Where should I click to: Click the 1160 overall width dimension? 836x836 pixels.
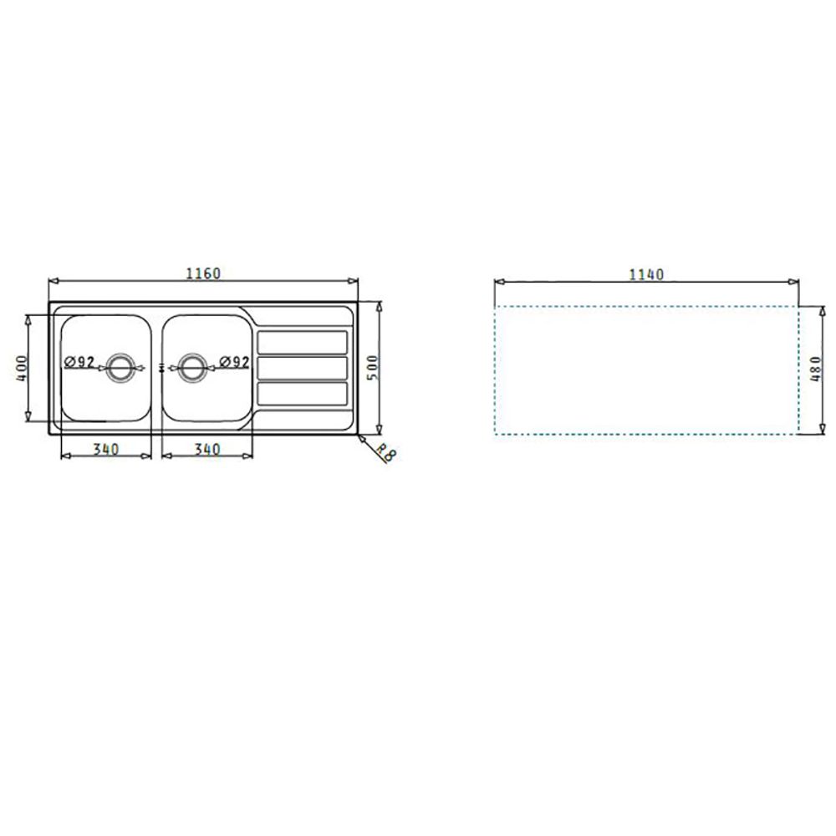click(x=203, y=273)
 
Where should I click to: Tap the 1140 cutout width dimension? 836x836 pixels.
click(x=646, y=274)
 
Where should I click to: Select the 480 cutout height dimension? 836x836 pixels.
click(x=816, y=369)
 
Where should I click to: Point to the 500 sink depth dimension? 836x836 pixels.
click(x=372, y=367)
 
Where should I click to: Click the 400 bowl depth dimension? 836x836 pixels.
click(x=23, y=368)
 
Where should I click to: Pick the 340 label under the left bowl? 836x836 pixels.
click(x=106, y=450)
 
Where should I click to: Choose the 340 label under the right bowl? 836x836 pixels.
click(x=206, y=450)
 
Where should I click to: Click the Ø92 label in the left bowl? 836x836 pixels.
click(x=79, y=362)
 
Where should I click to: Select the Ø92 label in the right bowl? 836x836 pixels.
click(x=235, y=362)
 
